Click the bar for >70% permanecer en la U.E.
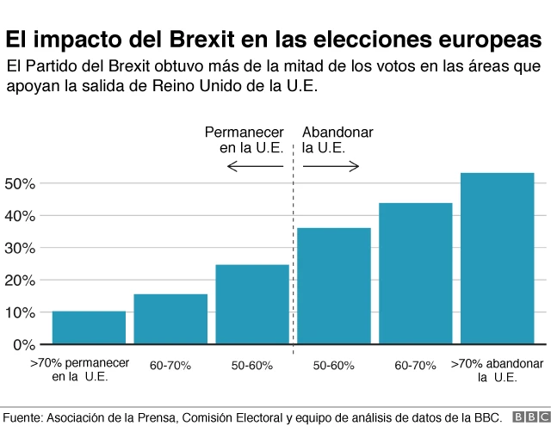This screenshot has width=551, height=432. (89, 328)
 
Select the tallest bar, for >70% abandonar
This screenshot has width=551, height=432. (497, 258)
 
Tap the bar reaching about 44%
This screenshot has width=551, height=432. (415, 274)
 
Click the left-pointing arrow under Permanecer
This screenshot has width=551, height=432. (255, 166)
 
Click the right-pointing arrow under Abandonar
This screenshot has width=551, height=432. (331, 166)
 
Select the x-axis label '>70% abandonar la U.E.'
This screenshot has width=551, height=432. (497, 371)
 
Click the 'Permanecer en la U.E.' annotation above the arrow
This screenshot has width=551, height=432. (244, 139)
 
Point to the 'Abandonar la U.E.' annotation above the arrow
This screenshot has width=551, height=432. (337, 139)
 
